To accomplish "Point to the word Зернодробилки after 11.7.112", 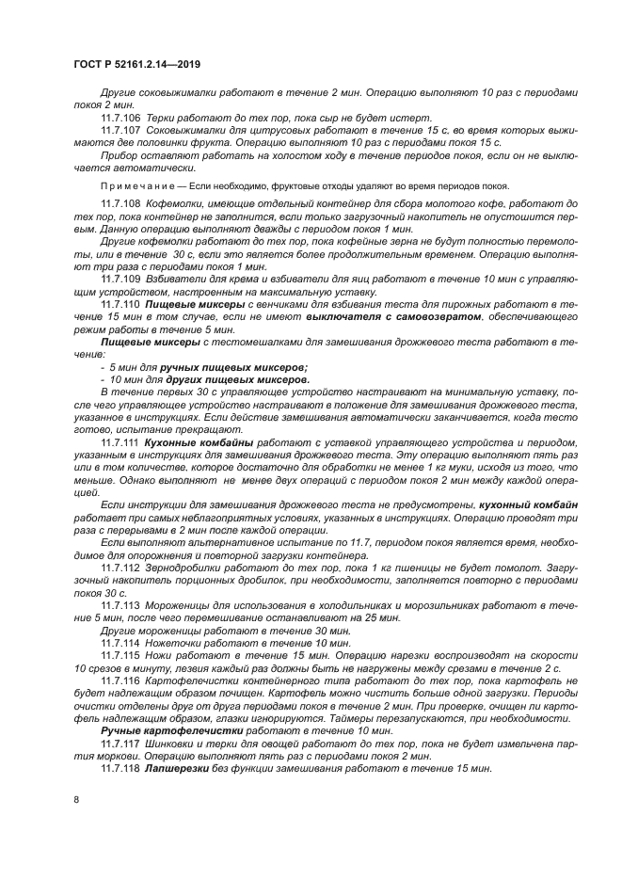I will pos(191,568).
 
